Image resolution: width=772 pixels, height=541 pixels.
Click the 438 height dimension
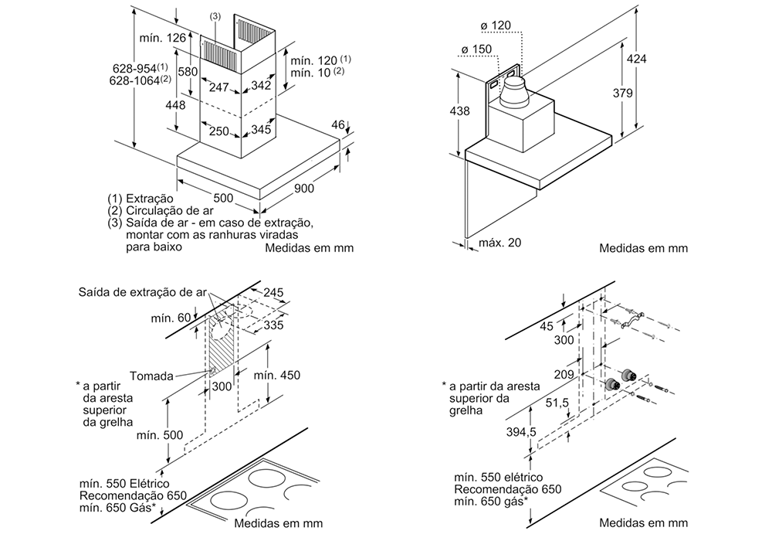point(459,111)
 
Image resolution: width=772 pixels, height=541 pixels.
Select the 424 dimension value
point(636,60)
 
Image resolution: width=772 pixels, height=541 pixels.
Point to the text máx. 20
point(500,243)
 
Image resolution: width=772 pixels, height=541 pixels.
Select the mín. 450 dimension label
point(276,376)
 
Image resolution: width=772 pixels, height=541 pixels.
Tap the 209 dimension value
point(564,374)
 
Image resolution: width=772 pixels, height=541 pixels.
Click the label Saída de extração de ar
point(142,292)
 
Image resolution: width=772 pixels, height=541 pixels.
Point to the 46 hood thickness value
point(337,125)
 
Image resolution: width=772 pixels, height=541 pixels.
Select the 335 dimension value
point(274,325)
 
